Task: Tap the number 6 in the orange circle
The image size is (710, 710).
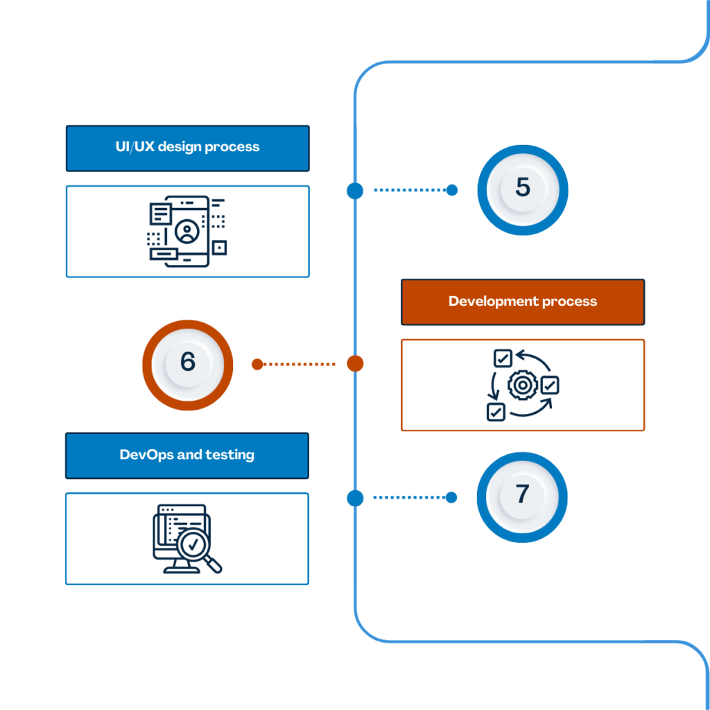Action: pos(187,363)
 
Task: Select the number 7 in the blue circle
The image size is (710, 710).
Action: pos(522,495)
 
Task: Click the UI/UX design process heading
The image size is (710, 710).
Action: pos(187,147)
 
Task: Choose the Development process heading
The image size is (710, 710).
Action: pos(523,302)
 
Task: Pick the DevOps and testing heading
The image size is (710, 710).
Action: pos(187,456)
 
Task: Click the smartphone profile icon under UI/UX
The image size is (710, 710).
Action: pos(186,231)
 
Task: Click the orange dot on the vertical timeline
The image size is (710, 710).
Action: pos(355,363)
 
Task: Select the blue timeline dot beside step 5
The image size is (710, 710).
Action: pos(355,190)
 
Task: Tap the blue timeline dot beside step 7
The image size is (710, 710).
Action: pos(355,497)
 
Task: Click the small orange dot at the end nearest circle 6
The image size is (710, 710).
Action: pos(257,363)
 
